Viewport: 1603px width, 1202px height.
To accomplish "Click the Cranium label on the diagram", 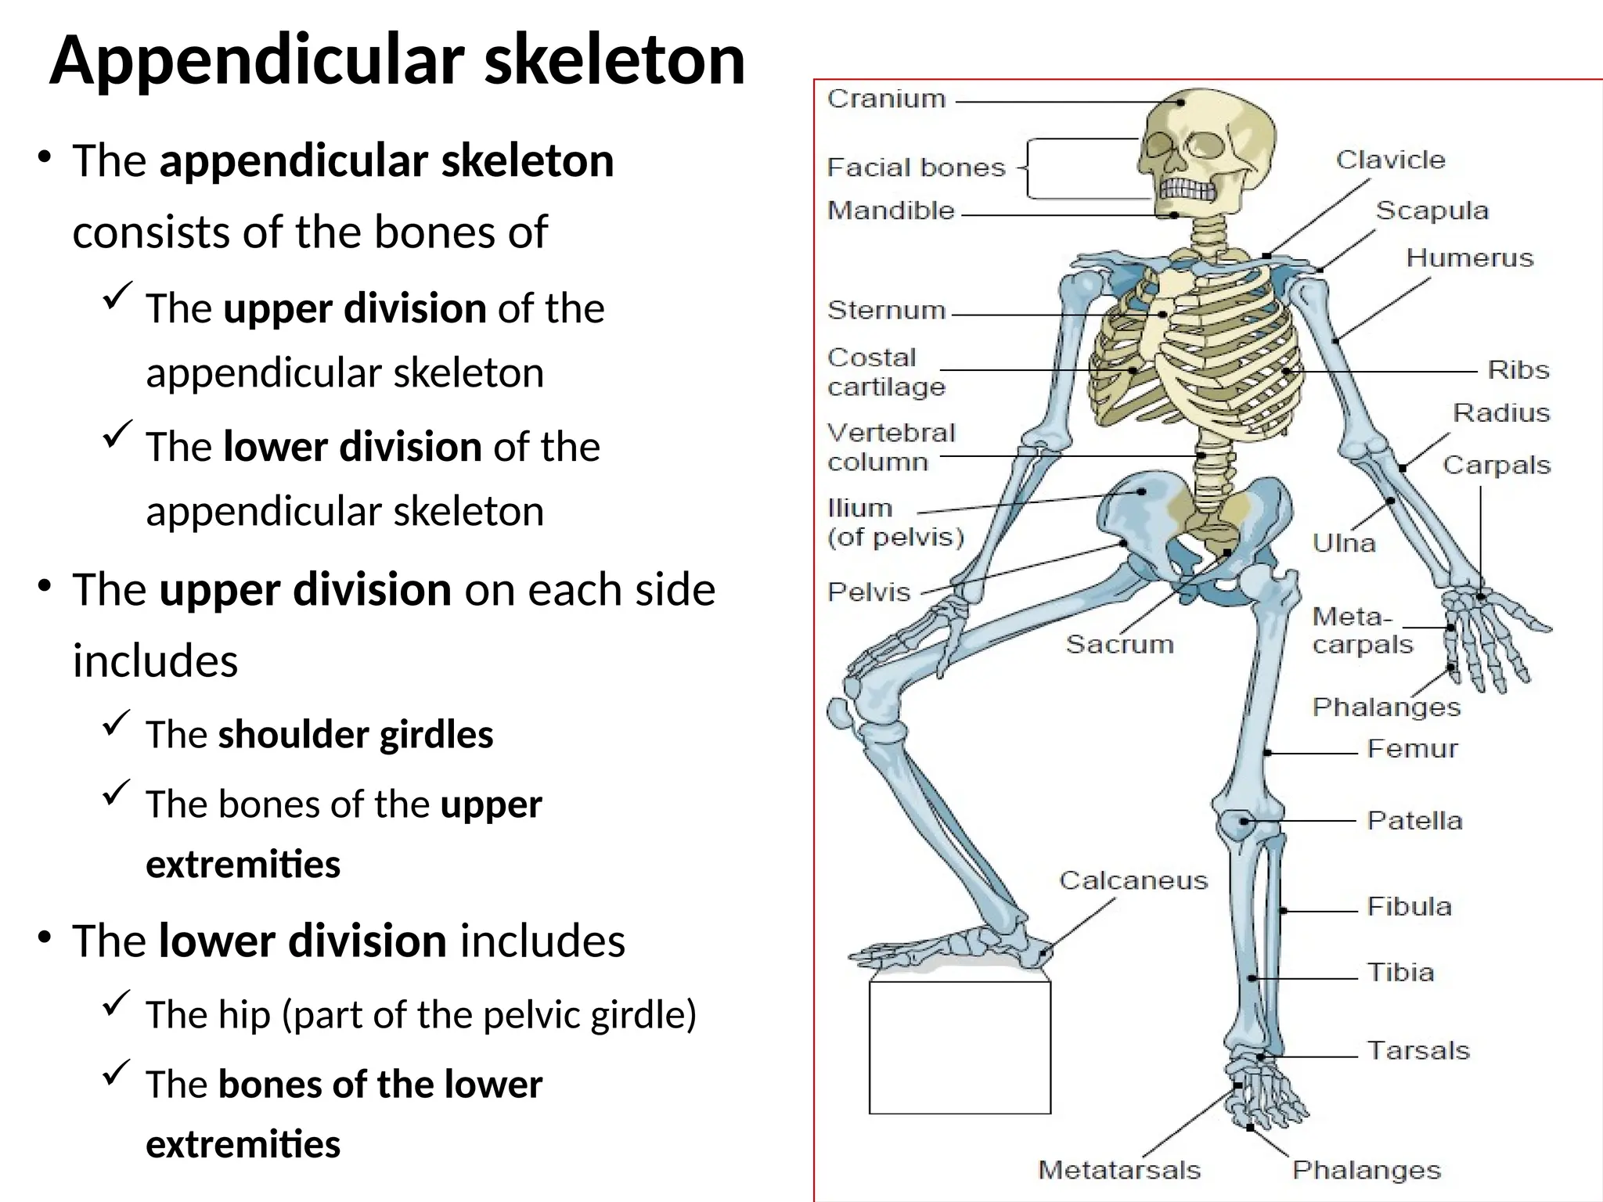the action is (x=886, y=99).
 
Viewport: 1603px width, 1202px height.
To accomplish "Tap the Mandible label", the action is (x=891, y=211).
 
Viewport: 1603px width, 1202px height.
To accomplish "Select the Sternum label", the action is (x=886, y=310).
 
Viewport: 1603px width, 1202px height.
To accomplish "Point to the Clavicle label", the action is (x=1390, y=160).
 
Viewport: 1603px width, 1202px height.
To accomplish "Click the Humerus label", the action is (x=1469, y=257).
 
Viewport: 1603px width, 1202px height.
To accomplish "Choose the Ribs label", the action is (x=1518, y=369).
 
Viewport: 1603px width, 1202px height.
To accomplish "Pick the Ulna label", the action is (x=1343, y=542).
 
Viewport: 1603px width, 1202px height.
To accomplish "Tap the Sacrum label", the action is (x=1119, y=644).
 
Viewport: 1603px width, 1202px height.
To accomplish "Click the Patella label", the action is (x=1414, y=820).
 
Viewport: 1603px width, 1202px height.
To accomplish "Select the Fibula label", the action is (x=1409, y=906).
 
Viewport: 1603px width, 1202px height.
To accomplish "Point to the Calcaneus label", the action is (x=1133, y=880).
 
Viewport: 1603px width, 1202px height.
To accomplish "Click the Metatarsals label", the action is (x=1118, y=1170).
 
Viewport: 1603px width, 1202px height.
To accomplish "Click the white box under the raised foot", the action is (x=960, y=1047).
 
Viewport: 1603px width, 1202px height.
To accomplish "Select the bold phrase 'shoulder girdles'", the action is (x=355, y=735).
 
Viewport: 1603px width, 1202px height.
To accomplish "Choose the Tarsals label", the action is (x=1417, y=1050).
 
